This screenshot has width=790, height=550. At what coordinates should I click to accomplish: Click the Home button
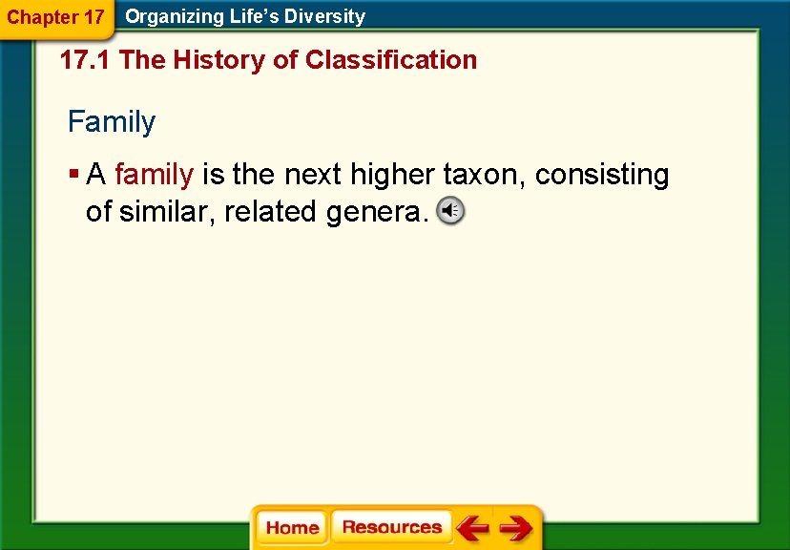[x=292, y=528]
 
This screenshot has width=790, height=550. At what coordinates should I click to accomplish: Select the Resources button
[x=391, y=527]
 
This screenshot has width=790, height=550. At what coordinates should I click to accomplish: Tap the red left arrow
[x=472, y=528]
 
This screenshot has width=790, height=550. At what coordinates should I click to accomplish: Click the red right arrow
[x=516, y=528]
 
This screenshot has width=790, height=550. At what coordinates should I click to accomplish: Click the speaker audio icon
[x=450, y=211]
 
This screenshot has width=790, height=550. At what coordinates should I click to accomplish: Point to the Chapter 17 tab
[x=55, y=17]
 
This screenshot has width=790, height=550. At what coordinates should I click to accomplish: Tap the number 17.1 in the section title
[x=86, y=60]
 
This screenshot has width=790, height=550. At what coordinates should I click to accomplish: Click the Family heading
[x=111, y=122]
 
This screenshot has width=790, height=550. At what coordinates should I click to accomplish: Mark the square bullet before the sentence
[x=73, y=175]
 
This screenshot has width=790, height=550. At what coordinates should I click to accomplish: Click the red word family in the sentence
[x=154, y=175]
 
